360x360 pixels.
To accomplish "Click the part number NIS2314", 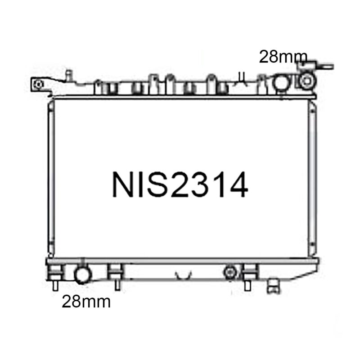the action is point(180,185).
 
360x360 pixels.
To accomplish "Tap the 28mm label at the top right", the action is point(283,57).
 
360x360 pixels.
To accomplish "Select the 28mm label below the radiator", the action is point(86,301).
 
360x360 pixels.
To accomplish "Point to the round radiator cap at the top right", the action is point(307,81).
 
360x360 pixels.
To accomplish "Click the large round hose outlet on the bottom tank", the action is point(82,275).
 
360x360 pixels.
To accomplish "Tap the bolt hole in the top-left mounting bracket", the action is point(38,84).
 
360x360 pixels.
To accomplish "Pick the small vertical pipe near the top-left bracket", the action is point(69,75).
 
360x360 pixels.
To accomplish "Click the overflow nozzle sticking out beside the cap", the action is point(325,66).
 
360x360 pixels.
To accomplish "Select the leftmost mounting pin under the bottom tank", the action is point(55,286).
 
